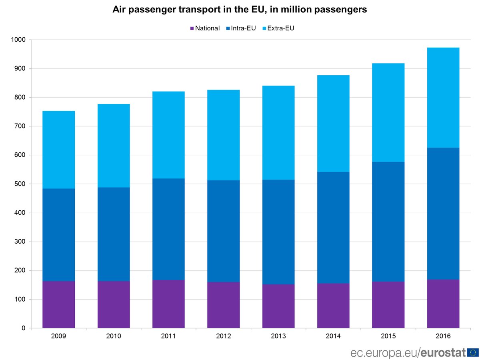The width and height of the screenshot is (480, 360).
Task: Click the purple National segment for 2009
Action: pos(58,304)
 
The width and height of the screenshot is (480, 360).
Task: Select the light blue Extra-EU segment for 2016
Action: pos(443,98)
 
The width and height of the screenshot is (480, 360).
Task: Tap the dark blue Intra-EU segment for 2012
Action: pos(223,231)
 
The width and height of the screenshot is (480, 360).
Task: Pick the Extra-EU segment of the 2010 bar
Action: pos(114,146)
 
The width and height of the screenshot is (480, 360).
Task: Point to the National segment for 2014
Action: pos(333,306)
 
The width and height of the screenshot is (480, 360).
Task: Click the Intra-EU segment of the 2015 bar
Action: pos(388,222)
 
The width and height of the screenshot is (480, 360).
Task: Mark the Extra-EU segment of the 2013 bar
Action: pos(278,132)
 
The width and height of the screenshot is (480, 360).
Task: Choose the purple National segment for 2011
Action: pos(168,304)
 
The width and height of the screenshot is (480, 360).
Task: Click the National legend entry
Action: pos(205,28)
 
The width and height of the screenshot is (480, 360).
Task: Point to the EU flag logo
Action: pos(473,352)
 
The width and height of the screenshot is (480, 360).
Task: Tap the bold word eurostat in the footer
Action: pos(444,352)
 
